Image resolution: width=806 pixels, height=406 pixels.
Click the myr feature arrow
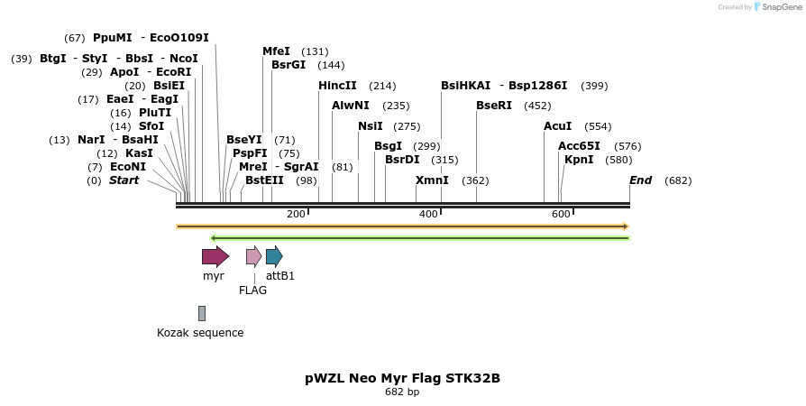(215, 256)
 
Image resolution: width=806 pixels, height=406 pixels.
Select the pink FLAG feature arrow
(253, 256)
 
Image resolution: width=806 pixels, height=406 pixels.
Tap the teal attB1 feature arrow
(274, 256)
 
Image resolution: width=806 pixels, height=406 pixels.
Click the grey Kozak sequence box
(202, 313)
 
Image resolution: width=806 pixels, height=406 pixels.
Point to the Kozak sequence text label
(200, 333)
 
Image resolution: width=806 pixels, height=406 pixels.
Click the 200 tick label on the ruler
(296, 214)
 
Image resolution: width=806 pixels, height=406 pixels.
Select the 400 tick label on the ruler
(428, 214)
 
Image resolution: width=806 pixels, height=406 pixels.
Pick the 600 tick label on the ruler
(561, 214)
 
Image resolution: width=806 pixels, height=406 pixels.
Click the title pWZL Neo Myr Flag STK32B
(402, 378)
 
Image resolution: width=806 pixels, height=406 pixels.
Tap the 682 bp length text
(402, 392)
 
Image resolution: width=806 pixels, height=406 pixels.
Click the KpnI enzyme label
(579, 160)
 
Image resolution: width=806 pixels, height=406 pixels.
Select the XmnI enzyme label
(432, 180)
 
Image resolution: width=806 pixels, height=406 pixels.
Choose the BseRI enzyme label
(494, 106)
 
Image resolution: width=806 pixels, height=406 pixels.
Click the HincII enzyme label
(337, 86)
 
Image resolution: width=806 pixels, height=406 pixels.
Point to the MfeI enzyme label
(276, 51)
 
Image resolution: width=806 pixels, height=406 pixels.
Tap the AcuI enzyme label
(557, 126)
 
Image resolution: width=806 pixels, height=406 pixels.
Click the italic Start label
(124, 180)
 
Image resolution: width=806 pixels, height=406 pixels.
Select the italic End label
(640, 180)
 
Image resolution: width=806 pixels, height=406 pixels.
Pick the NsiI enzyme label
(371, 126)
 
